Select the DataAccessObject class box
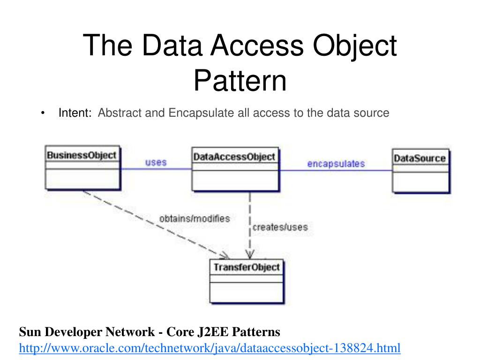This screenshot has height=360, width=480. [234, 169]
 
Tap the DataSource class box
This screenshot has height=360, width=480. [420, 171]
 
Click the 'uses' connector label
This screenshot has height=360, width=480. [156, 163]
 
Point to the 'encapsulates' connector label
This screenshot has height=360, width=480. [336, 164]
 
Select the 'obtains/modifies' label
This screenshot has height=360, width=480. [195, 218]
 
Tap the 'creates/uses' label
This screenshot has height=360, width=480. [280, 227]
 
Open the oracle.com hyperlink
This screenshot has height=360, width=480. [210, 348]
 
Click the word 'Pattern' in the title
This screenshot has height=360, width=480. [240, 80]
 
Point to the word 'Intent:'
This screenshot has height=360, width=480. [75, 113]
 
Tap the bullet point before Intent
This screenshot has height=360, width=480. [43, 113]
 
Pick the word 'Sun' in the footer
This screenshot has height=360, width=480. [28, 332]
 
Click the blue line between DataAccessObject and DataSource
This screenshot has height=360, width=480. [336, 171]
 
